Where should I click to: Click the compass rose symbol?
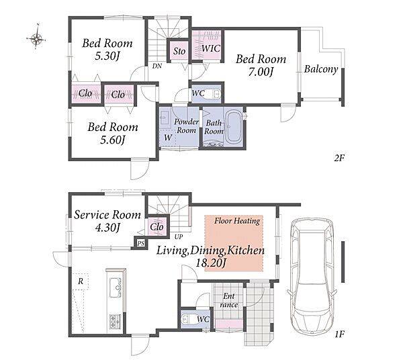pyautogui.click(x=36, y=38)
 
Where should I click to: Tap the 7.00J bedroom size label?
pyautogui.click(x=261, y=72)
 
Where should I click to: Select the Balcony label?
pyautogui.click(x=321, y=69)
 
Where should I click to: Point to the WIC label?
pyautogui.click(x=211, y=48)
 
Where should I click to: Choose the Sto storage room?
pyautogui.click(x=179, y=51)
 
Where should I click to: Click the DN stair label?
pyautogui.click(x=157, y=66)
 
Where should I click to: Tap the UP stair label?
pyautogui.click(x=179, y=236)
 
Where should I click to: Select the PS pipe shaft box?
pyautogui.click(x=140, y=243)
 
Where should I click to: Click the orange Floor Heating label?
pyautogui.click(x=237, y=221)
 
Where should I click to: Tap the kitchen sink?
pyautogui.click(x=116, y=287)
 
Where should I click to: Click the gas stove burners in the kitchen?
pyautogui.click(x=116, y=321)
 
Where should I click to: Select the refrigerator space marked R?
pyautogui.click(x=81, y=281)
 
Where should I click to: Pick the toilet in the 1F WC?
pyautogui.click(x=187, y=320)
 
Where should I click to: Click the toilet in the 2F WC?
pyautogui.click(x=216, y=94)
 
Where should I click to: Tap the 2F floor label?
pyautogui.click(x=339, y=158)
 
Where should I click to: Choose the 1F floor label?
pyautogui.click(x=339, y=334)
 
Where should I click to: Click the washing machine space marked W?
pyautogui.click(x=167, y=138)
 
